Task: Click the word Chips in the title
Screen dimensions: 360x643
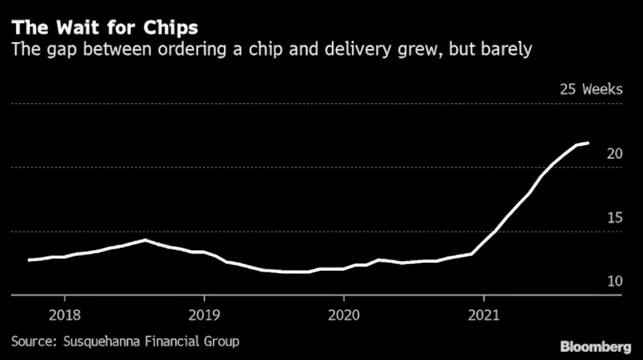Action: (170, 28)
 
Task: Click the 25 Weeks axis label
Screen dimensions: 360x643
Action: (591, 90)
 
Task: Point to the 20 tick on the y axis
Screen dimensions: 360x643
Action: (615, 154)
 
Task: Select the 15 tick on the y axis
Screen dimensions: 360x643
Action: (615, 218)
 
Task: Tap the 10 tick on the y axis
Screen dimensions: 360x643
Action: (615, 281)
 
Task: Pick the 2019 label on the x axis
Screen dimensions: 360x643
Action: (204, 315)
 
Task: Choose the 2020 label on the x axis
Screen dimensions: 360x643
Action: (344, 315)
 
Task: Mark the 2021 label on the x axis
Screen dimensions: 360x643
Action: (484, 315)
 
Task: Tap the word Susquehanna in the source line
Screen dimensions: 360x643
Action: (99, 342)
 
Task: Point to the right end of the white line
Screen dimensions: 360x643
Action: (588, 143)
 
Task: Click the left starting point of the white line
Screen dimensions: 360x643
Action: (29, 260)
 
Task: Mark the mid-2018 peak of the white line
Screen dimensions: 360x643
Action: (145, 240)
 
